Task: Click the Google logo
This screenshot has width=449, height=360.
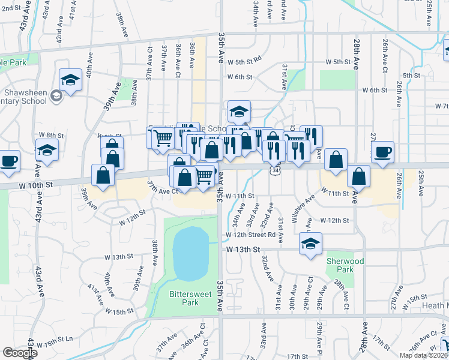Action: pos(20,353)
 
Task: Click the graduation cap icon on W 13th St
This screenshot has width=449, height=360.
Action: pos(310,244)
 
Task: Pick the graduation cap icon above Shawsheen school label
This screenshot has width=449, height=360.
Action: pos(70,80)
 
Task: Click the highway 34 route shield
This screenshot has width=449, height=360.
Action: pos(274,171)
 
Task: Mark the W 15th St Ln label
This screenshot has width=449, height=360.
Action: pos(55,344)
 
